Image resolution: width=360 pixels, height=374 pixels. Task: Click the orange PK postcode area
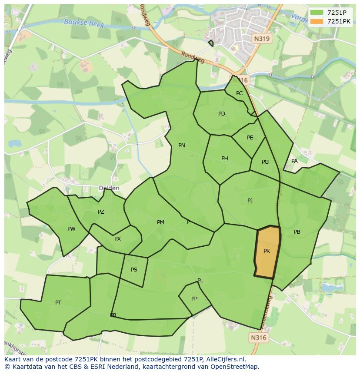point(267,252)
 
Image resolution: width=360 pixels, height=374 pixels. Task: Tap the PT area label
point(58,302)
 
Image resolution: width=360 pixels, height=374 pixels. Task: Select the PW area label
point(71,229)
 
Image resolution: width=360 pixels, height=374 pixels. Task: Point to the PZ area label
point(101,212)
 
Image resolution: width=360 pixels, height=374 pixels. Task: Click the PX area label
point(117,239)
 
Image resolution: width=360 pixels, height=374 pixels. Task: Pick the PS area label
point(134,270)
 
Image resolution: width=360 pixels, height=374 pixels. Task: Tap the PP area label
point(194,299)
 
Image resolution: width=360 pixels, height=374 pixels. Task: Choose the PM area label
point(160,222)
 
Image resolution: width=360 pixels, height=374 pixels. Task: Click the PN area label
point(182,146)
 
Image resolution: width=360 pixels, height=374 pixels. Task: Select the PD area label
point(222,114)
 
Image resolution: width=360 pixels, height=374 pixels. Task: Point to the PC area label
point(240,93)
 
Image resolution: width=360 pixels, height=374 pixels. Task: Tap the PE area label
point(250,138)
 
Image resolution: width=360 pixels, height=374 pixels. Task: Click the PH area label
point(224,159)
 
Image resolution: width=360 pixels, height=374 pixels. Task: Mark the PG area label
point(265,162)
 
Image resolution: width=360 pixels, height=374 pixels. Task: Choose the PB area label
point(297,232)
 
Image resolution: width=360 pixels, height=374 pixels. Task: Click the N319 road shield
point(262,39)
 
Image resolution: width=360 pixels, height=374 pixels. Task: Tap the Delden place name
point(109,188)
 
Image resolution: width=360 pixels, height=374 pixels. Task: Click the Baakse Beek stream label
point(84,23)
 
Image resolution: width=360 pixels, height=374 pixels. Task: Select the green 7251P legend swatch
point(317,13)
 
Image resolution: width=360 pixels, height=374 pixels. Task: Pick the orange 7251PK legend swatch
point(317,21)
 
